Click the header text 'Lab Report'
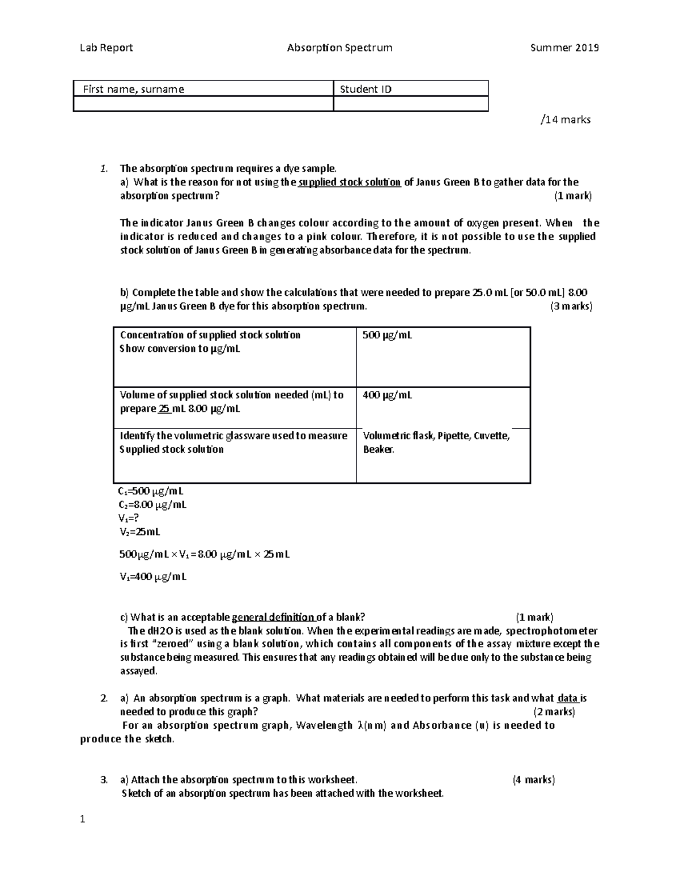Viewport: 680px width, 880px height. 106,48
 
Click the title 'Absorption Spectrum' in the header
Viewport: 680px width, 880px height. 339,48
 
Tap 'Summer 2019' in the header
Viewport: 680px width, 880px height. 564,48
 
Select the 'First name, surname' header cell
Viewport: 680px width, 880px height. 134,89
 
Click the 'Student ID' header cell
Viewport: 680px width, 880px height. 365,89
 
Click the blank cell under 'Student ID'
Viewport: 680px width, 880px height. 410,104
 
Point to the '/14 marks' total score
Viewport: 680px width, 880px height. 566,120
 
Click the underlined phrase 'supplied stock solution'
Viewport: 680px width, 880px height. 350,182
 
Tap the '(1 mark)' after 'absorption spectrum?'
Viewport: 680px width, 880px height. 572,196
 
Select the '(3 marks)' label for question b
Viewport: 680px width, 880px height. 571,307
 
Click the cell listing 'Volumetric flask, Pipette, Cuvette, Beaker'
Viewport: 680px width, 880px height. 436,443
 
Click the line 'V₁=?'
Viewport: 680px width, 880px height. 129,518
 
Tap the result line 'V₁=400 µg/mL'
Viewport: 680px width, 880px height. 153,577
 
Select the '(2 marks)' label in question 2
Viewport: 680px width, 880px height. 554,712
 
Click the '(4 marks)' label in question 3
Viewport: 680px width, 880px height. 534,780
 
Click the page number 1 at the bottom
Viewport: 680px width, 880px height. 83,819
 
